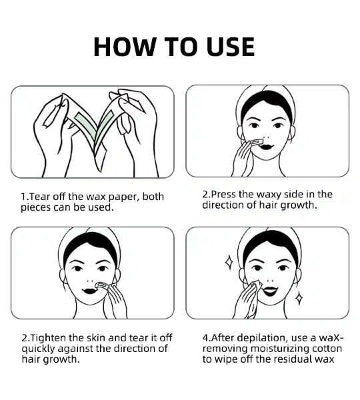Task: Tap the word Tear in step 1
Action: click(39, 197)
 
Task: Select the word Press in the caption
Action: click(224, 195)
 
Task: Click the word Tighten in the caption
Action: click(49, 338)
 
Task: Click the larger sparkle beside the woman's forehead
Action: click(229, 262)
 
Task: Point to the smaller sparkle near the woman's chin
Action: click(299, 298)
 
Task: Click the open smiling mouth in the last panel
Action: click(271, 291)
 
